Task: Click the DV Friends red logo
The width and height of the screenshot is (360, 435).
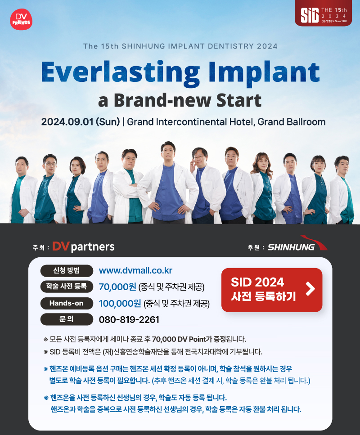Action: tap(21, 19)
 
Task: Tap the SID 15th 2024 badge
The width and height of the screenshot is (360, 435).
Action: tap(324, 14)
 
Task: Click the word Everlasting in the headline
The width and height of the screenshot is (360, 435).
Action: tap(120, 72)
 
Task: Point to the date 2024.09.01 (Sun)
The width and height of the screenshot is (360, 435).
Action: tap(81, 122)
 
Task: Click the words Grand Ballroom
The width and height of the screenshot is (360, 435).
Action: tap(292, 122)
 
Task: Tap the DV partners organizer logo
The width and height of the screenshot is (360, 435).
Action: tap(83, 247)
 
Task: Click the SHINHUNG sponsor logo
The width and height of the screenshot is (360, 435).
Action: tap(297, 244)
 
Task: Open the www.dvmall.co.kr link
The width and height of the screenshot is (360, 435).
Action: tap(135, 270)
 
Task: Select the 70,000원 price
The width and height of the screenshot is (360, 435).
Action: tap(117, 287)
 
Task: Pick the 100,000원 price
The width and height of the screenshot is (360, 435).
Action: tap(120, 303)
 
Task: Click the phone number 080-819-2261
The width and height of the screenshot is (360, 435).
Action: tap(129, 319)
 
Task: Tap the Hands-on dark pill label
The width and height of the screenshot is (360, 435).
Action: tap(67, 303)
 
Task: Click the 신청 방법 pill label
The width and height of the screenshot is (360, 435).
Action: tap(67, 270)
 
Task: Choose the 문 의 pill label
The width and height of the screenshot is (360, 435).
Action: tap(67, 319)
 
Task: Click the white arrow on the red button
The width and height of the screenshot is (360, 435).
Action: tap(310, 289)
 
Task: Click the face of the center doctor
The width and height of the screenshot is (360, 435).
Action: tap(168, 152)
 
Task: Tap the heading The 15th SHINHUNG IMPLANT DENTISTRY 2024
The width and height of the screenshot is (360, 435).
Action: tap(180, 46)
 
